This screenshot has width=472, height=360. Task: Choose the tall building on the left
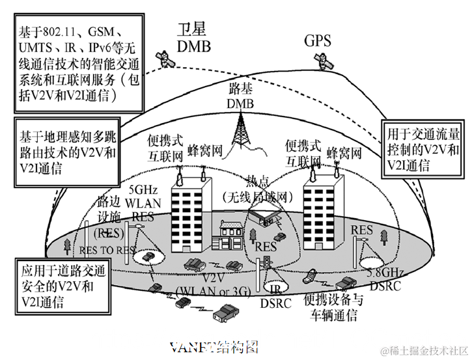pos(191,212)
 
